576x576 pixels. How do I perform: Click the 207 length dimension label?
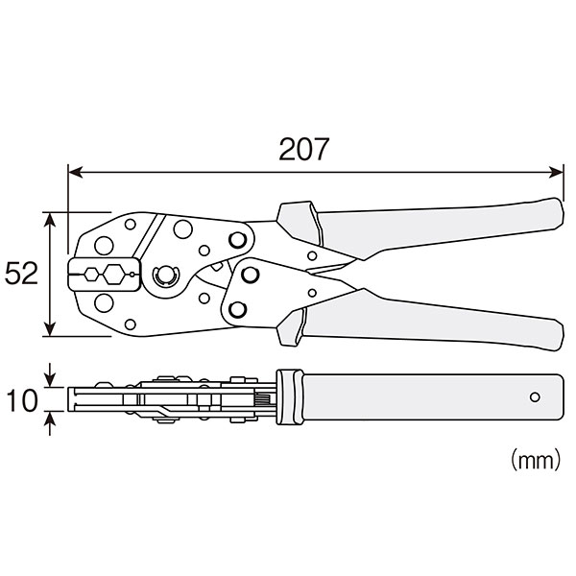click(x=303, y=149)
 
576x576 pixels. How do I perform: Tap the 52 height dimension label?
click(x=21, y=274)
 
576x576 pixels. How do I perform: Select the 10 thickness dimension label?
click(x=22, y=400)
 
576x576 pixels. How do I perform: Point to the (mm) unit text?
click(x=536, y=459)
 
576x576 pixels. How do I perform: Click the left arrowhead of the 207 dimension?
click(x=76, y=172)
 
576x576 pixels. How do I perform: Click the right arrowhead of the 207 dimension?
click(x=556, y=172)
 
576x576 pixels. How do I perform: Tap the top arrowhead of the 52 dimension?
click(x=50, y=220)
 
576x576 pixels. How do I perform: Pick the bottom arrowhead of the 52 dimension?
click(x=50, y=328)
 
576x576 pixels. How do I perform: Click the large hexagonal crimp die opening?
click(x=114, y=274)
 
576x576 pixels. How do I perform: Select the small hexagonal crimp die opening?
click(x=91, y=274)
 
